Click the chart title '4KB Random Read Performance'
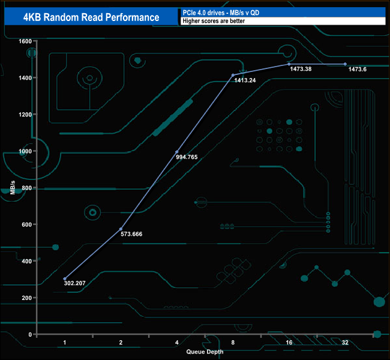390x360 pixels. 91,17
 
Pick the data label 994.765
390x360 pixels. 186,157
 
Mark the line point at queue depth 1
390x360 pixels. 65,279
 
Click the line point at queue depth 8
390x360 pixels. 233,75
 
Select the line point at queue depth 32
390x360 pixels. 345,64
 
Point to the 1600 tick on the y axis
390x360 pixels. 25,41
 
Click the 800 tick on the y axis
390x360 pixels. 26,188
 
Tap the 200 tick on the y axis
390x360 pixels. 26,298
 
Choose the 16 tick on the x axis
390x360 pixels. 289,342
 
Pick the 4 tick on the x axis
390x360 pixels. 177,342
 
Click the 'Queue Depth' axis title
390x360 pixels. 205,351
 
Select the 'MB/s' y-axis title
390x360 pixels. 13,188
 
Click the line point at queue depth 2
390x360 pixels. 121,229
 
